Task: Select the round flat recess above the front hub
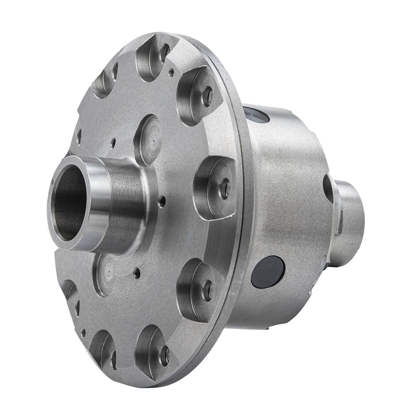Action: [x=149, y=139]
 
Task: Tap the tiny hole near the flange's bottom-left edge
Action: [x=84, y=333]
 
